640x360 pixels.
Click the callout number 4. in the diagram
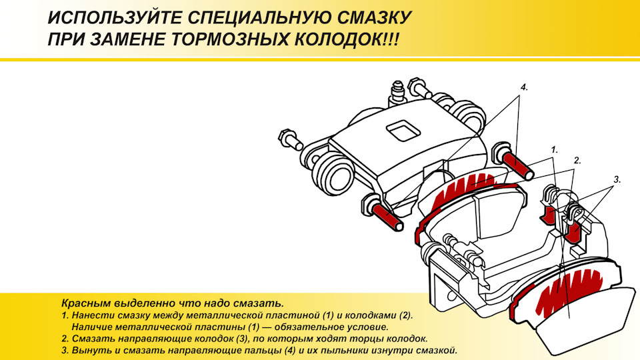[524, 87]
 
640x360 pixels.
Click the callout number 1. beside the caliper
[554, 150]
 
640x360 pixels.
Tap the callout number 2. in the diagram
[577, 161]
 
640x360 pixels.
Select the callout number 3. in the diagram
[617, 179]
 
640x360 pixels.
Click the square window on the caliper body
[403, 130]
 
